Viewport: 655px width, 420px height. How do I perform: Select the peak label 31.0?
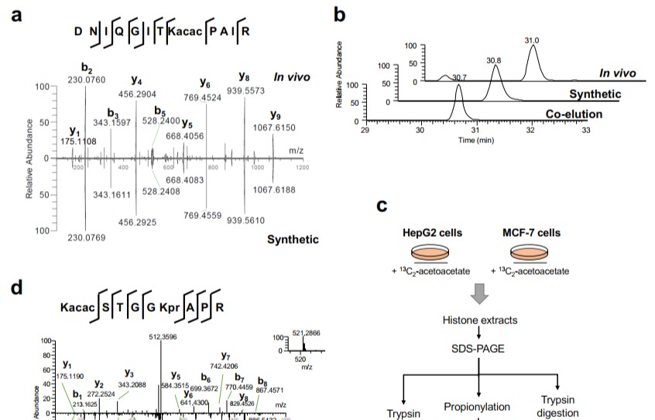click(x=532, y=39)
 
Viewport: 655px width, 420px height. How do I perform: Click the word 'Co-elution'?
click(x=596, y=114)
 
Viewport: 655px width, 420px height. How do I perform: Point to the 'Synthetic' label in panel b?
click(x=595, y=94)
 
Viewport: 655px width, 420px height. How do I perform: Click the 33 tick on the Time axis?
click(x=585, y=131)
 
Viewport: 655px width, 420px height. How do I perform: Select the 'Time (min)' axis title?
click(x=476, y=140)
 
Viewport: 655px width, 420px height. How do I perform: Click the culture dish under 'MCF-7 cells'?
click(x=531, y=254)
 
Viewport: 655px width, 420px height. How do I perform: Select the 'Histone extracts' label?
click(x=480, y=320)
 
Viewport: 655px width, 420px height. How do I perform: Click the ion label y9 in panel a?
click(x=274, y=116)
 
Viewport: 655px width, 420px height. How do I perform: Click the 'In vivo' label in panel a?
click(x=291, y=76)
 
